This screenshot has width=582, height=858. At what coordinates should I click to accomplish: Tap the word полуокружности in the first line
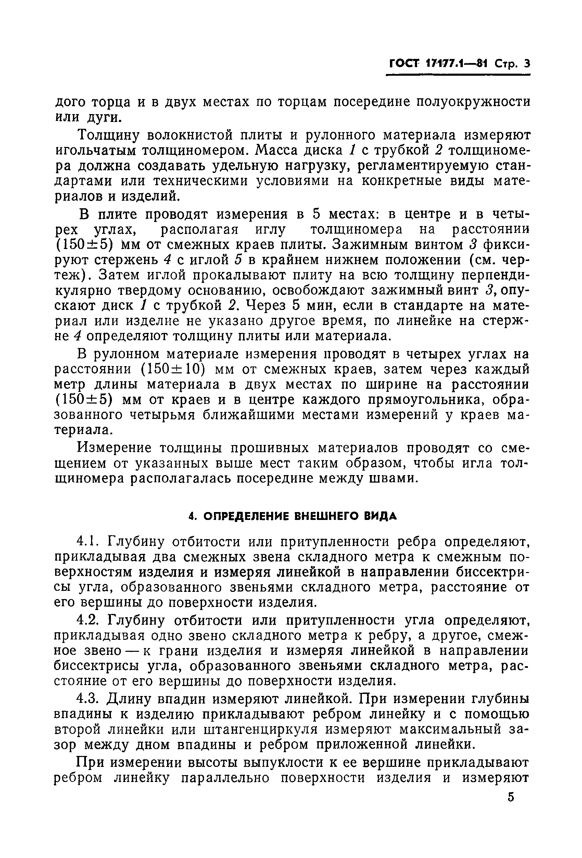(x=473, y=101)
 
